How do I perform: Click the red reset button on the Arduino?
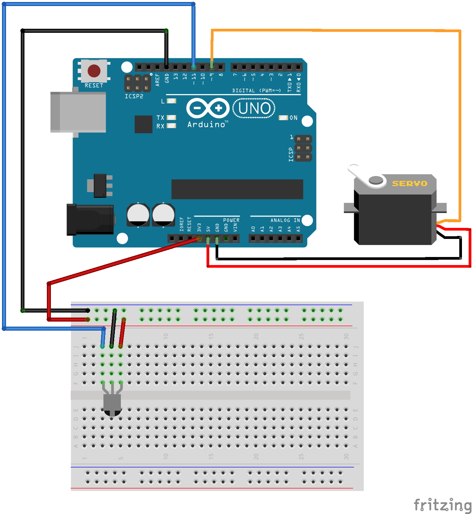coord(94,71)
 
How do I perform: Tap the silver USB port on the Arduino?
coord(78,112)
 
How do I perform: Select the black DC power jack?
coord(90,220)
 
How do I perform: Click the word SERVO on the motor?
coord(409,183)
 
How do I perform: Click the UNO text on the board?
coord(254,108)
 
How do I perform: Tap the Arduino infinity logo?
coord(208,108)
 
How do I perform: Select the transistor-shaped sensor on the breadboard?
coord(112,404)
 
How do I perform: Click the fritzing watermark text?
coord(442,505)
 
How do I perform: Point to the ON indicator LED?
coord(283,118)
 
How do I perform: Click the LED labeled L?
coord(171,101)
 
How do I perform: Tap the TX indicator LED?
coord(171,117)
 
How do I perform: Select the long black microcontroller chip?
coord(237,189)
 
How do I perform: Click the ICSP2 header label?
coord(134,96)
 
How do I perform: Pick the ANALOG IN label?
coord(285,220)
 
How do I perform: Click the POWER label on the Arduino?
coord(231,220)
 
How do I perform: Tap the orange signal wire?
coord(335,30)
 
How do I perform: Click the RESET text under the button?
coord(94,86)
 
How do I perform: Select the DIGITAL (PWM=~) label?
coord(256,91)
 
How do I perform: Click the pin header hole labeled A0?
coord(253,239)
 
